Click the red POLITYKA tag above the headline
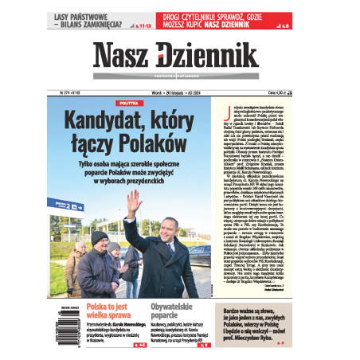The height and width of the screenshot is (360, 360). pos(127,104)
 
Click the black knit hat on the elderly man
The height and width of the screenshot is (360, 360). pos(99,237)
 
